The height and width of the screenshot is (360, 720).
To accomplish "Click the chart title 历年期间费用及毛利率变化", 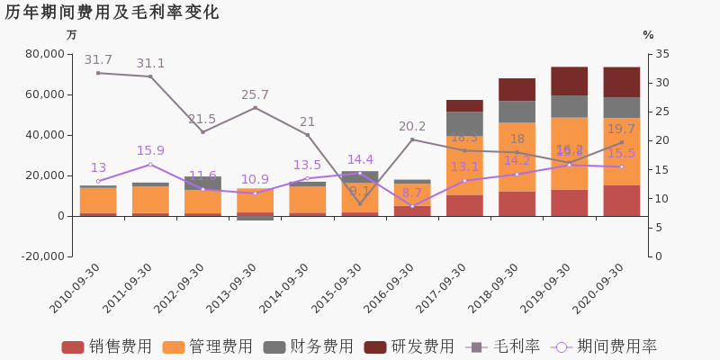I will [x=112, y=13].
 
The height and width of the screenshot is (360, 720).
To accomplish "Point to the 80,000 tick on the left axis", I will [x=44, y=54].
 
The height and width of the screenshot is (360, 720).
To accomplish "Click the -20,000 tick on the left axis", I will [x=41, y=256].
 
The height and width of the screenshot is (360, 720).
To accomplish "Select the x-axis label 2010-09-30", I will [x=76, y=288].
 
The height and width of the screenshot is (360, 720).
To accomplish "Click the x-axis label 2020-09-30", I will [x=598, y=288].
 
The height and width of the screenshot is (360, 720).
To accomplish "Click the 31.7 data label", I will [x=98, y=60].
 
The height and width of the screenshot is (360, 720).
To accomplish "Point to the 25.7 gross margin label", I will [x=255, y=95].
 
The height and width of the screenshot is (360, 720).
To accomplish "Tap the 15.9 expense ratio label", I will [x=150, y=151].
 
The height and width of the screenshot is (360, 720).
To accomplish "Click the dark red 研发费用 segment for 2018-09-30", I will [x=517, y=89].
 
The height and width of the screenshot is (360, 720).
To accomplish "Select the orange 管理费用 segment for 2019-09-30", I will [x=569, y=153].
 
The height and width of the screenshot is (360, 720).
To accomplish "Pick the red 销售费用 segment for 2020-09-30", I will [x=621, y=201].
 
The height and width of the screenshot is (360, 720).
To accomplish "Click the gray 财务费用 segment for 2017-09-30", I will [x=464, y=123].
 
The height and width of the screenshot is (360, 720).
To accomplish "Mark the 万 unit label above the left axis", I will [x=72, y=35].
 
